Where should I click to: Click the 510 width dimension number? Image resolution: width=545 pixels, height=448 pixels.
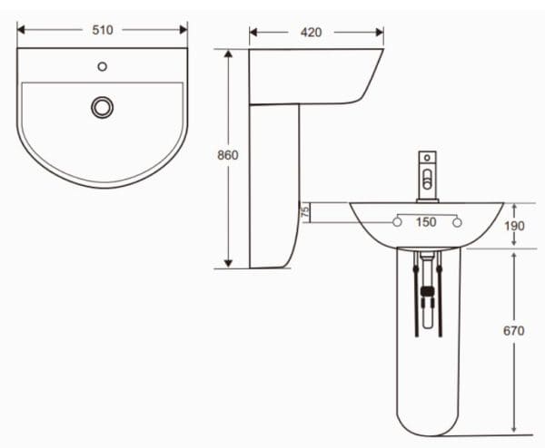tap(102, 30)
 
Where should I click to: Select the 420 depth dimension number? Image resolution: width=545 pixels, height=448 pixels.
tap(312, 33)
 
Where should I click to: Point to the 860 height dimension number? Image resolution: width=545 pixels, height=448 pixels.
tap(227, 155)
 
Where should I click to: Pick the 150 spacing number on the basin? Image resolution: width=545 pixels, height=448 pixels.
tap(426, 222)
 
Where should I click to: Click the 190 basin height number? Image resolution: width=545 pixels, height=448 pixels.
tap(514, 225)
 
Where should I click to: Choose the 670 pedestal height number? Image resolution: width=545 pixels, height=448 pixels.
tap(514, 331)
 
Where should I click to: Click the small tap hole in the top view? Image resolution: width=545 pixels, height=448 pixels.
tap(102, 66)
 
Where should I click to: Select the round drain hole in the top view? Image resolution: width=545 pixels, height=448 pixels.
tap(102, 107)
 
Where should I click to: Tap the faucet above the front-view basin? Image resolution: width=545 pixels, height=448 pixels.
tap(426, 175)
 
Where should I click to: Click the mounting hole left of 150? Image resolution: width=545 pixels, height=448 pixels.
tap(398, 222)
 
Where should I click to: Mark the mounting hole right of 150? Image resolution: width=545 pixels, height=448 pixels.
tap(458, 222)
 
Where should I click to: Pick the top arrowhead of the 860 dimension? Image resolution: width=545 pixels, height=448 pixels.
tap(227, 53)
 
